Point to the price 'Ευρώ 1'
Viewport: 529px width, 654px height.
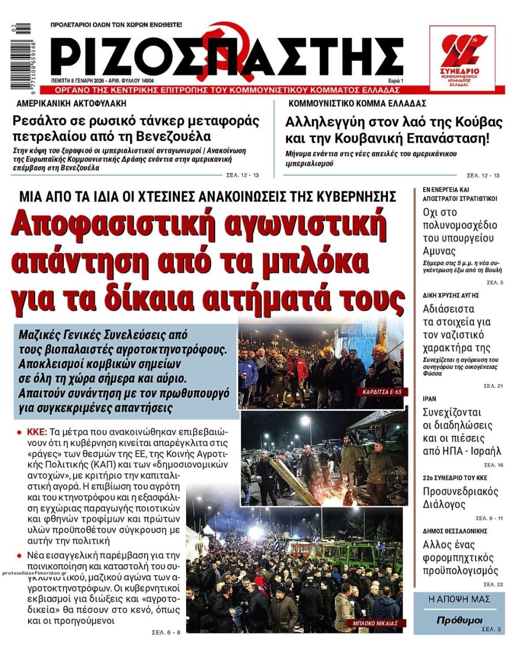pyautogui.click(x=395, y=81)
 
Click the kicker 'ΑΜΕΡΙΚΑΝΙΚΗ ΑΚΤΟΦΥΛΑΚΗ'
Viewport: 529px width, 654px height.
pyautogui.click(x=71, y=104)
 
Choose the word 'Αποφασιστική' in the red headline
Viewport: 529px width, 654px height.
pyautogui.click(x=106, y=223)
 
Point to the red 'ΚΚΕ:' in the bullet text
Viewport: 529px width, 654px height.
pyautogui.click(x=37, y=430)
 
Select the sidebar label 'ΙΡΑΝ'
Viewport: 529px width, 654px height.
pyautogui.click(x=430, y=399)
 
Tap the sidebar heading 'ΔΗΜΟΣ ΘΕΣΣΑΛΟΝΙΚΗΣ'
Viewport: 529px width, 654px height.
pyautogui.click(x=454, y=531)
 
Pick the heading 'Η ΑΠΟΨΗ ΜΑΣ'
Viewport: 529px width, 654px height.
pyautogui.click(x=459, y=599)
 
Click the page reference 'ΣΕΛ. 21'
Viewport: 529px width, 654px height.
pyautogui.click(x=493, y=386)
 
